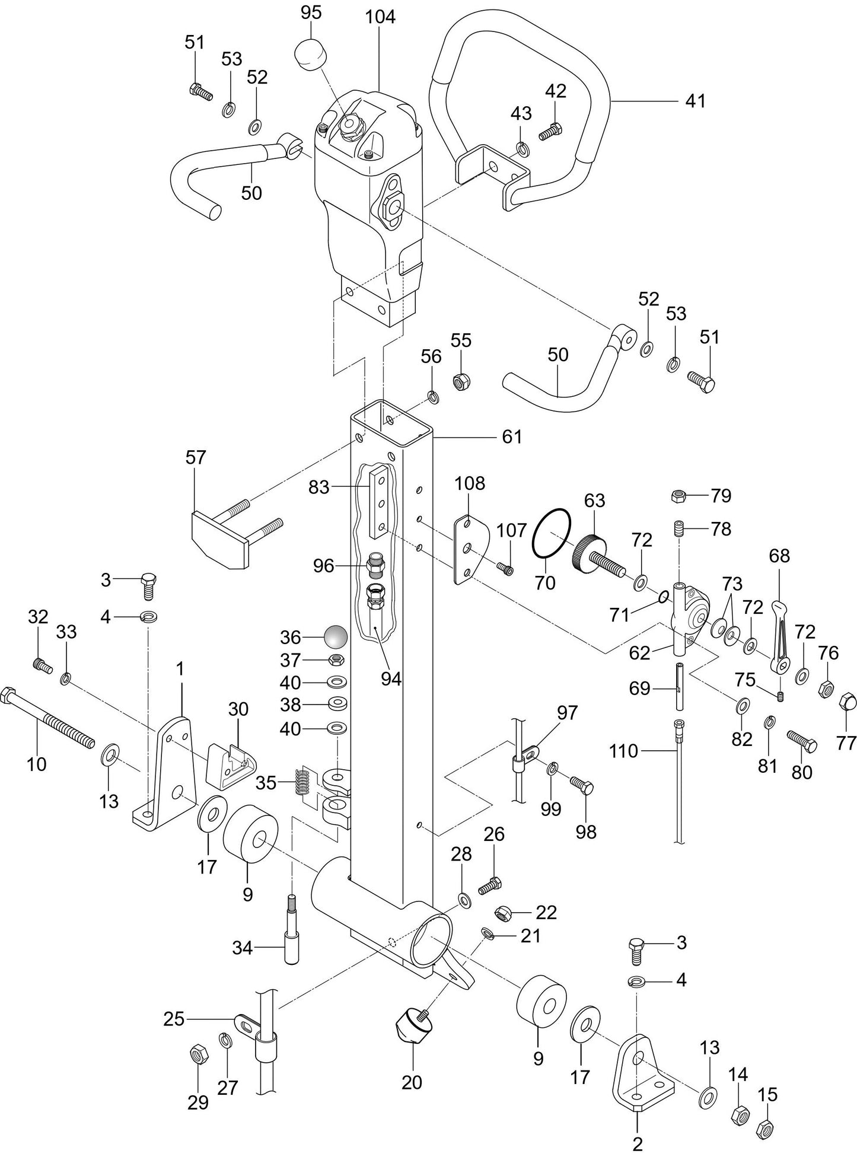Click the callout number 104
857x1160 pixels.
coord(380,17)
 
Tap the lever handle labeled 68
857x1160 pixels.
coord(780,638)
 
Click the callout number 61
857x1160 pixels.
coord(511,437)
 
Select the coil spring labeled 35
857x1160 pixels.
coord(302,782)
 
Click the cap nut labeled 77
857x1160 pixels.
coord(848,705)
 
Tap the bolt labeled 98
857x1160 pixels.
coord(582,786)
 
